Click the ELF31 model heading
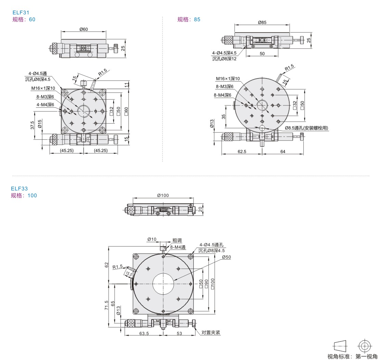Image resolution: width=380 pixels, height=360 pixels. [21, 13]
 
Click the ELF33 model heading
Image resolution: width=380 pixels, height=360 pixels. [20, 189]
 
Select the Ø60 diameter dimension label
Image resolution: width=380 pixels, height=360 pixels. [84, 29]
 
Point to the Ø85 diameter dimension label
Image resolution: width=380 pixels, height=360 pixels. [262, 22]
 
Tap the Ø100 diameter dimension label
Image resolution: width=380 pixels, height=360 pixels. [163, 195]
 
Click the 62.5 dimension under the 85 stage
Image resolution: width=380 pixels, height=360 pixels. [242, 151]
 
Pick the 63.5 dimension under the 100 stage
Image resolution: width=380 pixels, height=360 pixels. [144, 333]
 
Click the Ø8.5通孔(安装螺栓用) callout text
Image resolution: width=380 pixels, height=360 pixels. [307, 128]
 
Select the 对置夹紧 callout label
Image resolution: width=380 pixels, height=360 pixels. [211, 333]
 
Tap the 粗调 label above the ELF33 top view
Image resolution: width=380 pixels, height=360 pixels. [177, 240]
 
